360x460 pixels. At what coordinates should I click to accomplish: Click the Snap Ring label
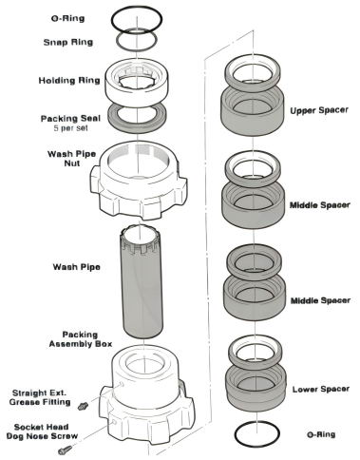(68, 42)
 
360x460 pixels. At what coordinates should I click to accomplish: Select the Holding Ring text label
(69, 81)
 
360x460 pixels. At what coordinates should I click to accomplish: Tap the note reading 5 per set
(71, 128)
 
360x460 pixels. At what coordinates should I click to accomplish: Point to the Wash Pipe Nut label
(71, 159)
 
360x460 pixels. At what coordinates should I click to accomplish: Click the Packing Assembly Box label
(81, 339)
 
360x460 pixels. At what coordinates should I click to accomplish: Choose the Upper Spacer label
(319, 110)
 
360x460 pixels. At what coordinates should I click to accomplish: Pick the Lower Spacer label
(321, 389)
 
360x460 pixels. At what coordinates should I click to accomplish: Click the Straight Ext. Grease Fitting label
(40, 397)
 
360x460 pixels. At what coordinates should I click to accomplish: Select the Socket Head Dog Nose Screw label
(42, 431)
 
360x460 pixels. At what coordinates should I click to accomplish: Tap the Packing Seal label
(70, 119)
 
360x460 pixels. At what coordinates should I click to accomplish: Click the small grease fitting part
(83, 406)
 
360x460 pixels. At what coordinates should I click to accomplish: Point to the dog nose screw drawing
(66, 450)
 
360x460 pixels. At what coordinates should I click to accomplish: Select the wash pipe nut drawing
(139, 180)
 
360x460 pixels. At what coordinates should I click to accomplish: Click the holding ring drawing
(137, 83)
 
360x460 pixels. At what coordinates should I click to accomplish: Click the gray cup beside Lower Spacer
(256, 389)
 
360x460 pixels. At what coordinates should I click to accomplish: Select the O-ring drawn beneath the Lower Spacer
(257, 433)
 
